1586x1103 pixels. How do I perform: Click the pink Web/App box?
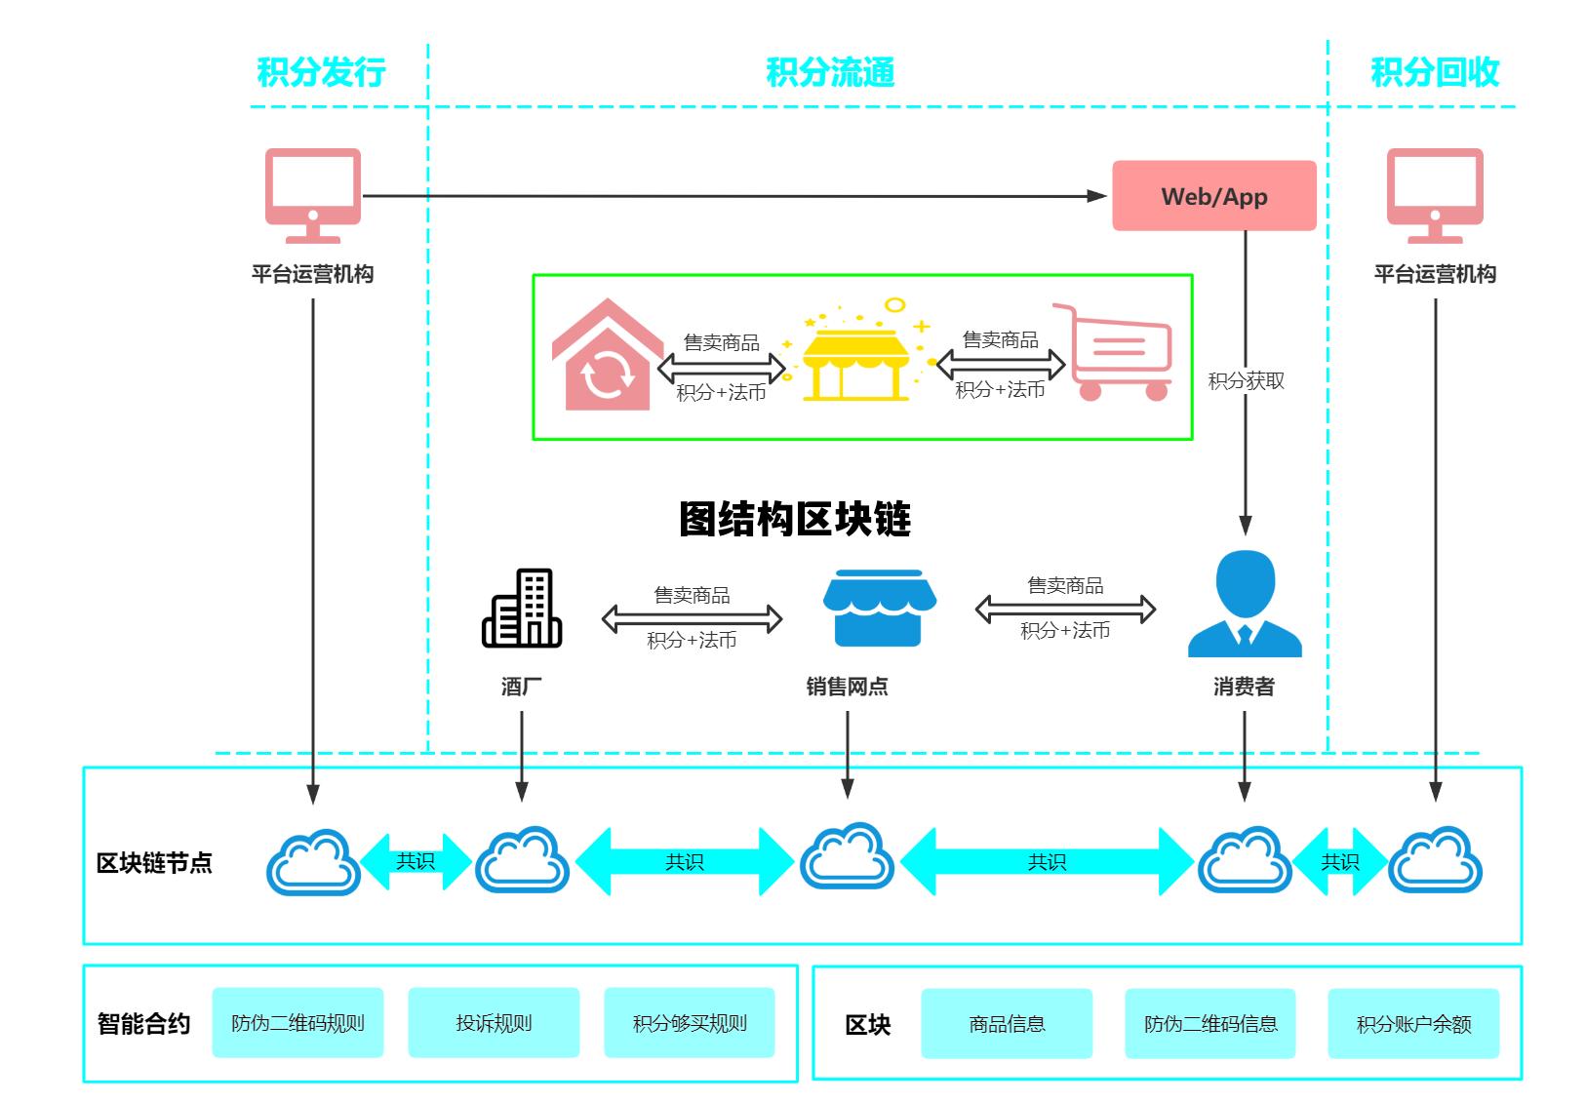point(1213,196)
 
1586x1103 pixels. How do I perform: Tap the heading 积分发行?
point(321,72)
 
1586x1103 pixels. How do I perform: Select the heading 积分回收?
point(1434,72)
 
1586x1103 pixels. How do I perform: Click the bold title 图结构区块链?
point(794,519)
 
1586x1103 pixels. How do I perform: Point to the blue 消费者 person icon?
point(1245,604)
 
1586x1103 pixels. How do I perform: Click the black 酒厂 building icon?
point(522,609)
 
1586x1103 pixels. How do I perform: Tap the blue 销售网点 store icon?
point(879,609)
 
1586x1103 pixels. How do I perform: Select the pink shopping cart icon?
point(1120,353)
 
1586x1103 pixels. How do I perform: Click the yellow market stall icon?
point(855,357)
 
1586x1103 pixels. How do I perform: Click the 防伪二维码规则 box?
point(297,1023)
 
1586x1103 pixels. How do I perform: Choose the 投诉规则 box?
point(494,1023)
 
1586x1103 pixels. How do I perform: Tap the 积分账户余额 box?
point(1412,1024)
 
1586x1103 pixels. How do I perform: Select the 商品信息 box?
point(1007,1024)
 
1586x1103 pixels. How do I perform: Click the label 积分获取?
point(1246,381)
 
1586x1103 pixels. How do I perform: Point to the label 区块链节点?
point(154,863)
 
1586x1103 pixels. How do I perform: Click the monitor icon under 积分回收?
point(1435,195)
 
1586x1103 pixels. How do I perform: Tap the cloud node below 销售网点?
point(847,857)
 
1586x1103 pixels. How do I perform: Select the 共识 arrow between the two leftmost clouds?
point(416,861)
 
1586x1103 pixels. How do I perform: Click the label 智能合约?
point(143,1024)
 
